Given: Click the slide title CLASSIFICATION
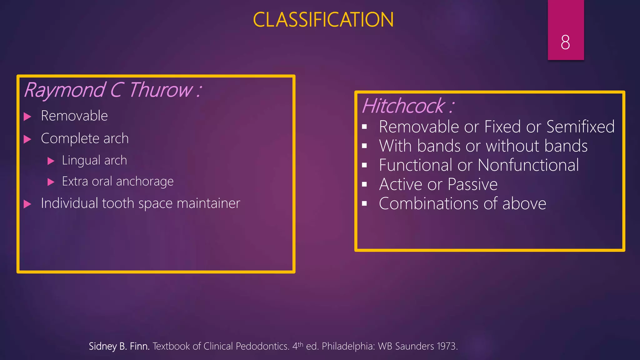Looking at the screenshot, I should tap(323, 20).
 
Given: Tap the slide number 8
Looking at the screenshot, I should tap(565, 42).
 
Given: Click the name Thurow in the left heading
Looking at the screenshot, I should tap(161, 90).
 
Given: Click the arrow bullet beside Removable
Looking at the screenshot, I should tap(27, 117).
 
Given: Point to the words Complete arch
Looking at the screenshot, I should tap(85, 138).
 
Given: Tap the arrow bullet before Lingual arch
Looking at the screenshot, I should tap(51, 161).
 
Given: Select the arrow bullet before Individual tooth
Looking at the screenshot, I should tap(27, 204).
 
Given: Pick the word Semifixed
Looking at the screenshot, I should tap(580, 127).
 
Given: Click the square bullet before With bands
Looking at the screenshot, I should tap(364, 146).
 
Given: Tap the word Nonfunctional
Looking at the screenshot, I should tap(528, 165).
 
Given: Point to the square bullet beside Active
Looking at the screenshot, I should tap(364, 184).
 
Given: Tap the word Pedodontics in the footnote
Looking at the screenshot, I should tap(262, 346).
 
